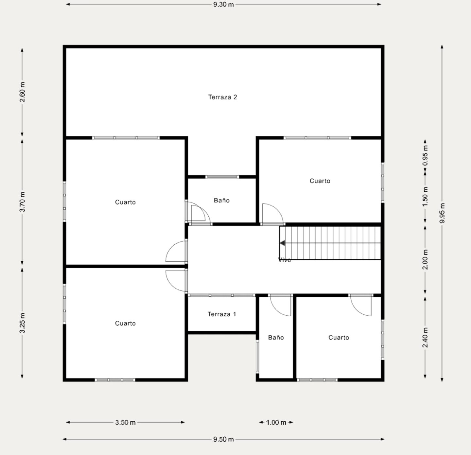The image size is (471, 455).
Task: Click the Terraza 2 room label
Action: click(x=222, y=97)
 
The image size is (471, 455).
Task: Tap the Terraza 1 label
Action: click(x=221, y=314)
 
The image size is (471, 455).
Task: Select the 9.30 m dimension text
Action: click(x=223, y=5)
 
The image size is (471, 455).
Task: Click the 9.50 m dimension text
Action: click(x=223, y=439)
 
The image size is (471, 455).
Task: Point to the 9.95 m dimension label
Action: click(x=442, y=213)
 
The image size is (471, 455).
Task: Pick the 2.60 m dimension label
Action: click(x=22, y=92)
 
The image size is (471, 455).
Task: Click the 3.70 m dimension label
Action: click(x=22, y=201)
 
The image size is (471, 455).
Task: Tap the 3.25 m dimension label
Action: click(x=22, y=323)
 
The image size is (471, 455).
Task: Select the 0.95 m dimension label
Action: click(x=425, y=155)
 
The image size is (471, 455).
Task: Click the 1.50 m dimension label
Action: click(x=425, y=197)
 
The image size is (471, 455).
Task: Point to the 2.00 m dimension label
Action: click(x=425, y=259)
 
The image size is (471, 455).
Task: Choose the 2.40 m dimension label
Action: click(x=425, y=337)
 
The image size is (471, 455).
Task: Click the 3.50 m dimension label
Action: click(x=125, y=423)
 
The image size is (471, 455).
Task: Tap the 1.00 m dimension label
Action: click(x=276, y=423)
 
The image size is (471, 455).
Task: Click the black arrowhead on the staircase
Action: click(x=282, y=243)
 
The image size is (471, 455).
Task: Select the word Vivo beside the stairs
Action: click(x=285, y=260)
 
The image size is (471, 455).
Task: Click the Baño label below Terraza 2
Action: click(x=221, y=200)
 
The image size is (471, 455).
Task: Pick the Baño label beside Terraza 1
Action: click(x=276, y=337)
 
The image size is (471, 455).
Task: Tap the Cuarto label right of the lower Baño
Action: click(x=339, y=338)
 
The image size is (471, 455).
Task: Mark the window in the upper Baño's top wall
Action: click(x=222, y=177)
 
